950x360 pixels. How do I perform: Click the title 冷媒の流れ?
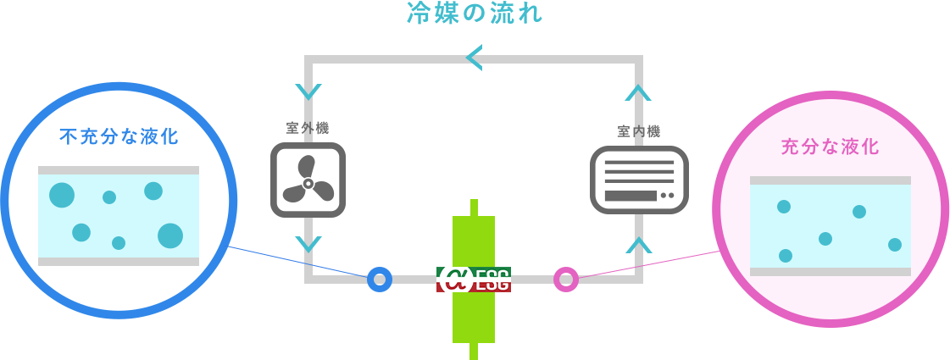pos(475,14)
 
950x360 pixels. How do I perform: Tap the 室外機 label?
pos(307,128)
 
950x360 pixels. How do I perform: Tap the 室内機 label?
pos(638,130)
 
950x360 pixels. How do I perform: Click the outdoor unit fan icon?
pos(308,180)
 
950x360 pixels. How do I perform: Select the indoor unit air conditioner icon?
pos(639,180)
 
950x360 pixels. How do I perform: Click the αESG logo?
pos(474,280)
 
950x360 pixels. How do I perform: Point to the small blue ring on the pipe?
pos(380,279)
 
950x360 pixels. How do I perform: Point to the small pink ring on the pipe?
pos(565,279)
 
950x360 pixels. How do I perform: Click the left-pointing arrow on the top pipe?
pos(474,58)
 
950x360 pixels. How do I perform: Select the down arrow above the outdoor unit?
pos(308,91)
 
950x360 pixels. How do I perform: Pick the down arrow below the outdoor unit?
pos(308,244)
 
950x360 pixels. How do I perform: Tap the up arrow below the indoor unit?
pos(639,245)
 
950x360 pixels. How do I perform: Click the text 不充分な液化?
pos(119,136)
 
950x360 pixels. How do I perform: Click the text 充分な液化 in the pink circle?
pos(830,147)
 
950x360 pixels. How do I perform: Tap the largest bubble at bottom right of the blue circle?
pos(170,235)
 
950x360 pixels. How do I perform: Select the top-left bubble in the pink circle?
pos(784,207)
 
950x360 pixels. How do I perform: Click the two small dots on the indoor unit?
pos(667,196)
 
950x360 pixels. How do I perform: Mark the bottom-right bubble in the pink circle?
pos(895,245)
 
